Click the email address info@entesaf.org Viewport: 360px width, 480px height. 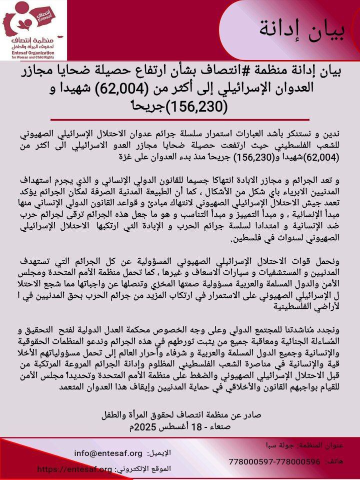click(x=108, y=453)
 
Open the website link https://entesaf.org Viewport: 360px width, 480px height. click(x=75, y=469)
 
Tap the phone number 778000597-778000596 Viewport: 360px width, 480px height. click(x=274, y=461)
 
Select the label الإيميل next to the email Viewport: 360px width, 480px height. click(x=160, y=453)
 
